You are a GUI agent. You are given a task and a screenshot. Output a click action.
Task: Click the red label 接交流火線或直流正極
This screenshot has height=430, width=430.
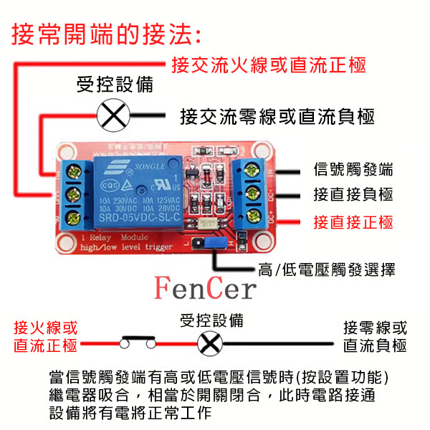pos(269,65)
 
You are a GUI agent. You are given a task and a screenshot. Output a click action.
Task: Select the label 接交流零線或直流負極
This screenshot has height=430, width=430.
pos(278,116)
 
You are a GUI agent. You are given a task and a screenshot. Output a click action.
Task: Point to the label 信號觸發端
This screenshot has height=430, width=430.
pos(353,170)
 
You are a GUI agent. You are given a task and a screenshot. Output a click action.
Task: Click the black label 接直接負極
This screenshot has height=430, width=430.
pos(353,195)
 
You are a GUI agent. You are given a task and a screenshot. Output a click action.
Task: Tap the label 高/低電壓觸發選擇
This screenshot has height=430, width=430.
pos(326,269)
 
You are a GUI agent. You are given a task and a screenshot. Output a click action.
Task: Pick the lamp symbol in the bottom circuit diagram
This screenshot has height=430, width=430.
pos(209,344)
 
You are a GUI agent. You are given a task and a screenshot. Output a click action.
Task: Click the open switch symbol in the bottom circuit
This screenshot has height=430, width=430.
pos(137,343)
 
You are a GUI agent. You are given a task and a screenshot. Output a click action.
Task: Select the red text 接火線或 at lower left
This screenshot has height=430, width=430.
pos(46,328)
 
